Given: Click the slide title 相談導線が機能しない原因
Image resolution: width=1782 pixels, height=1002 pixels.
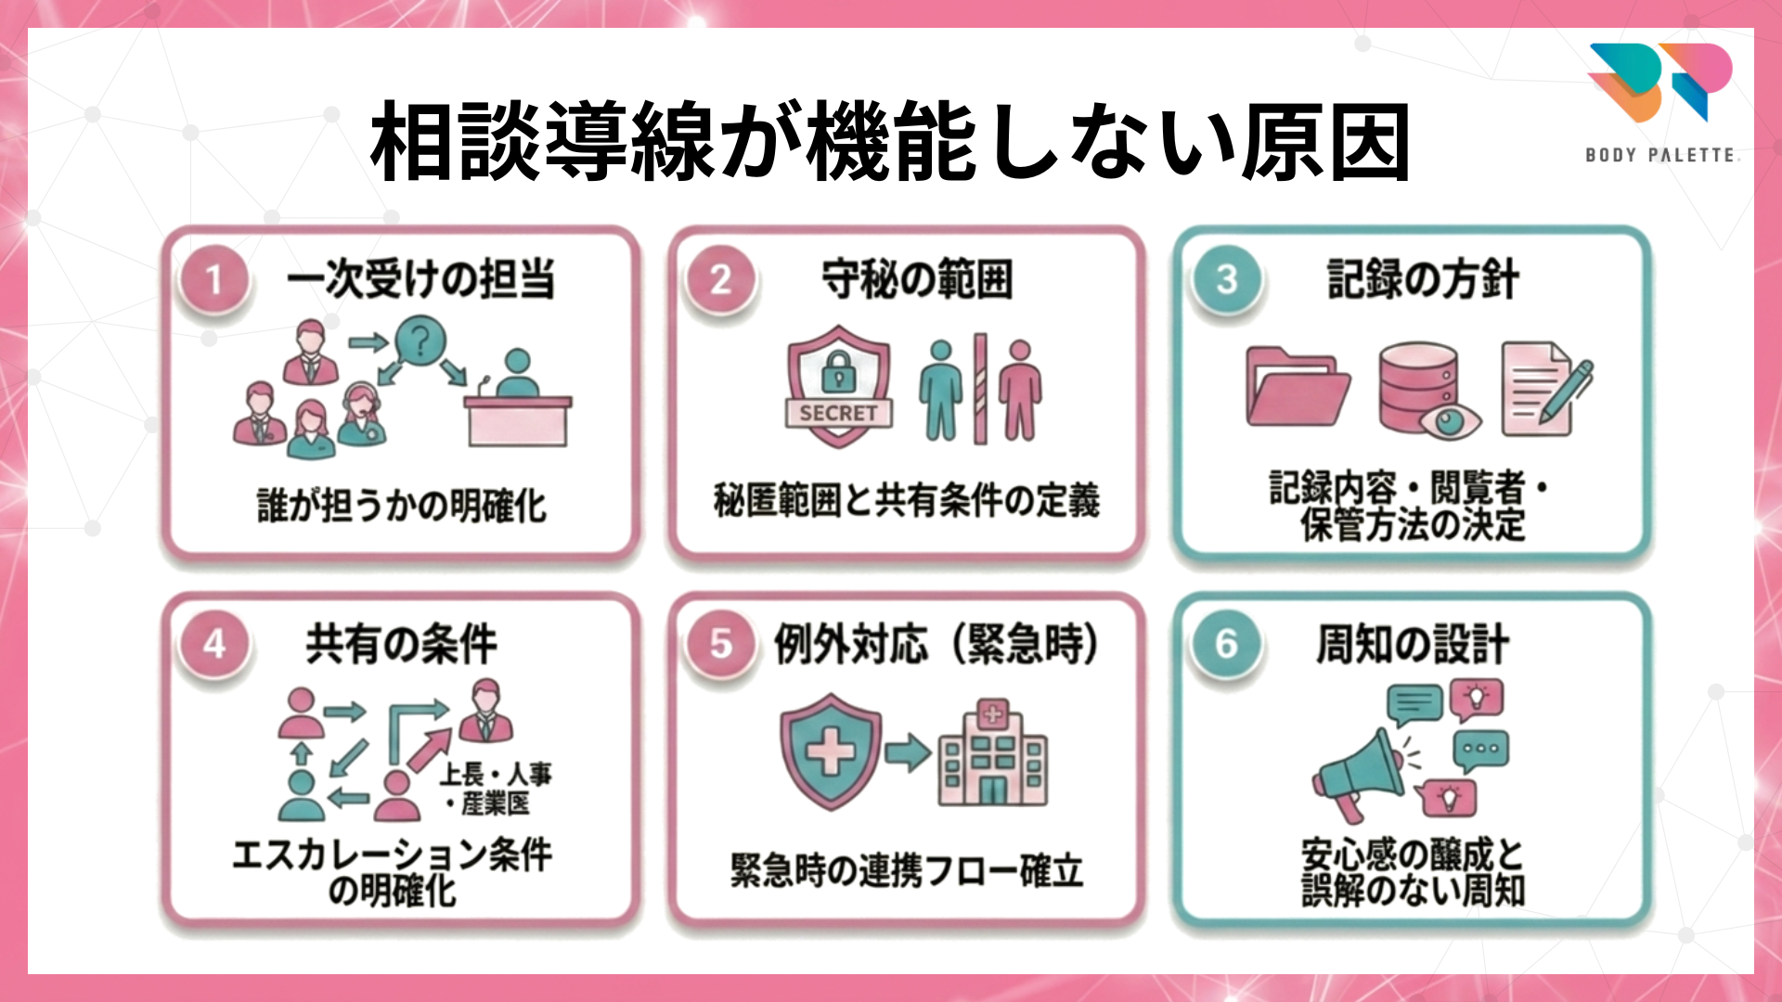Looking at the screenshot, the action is pyautogui.click(x=889, y=142).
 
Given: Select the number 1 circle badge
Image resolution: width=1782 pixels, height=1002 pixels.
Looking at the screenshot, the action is pyautogui.click(x=214, y=279).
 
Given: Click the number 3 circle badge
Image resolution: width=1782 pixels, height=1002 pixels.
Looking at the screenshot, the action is pyautogui.click(x=1226, y=279).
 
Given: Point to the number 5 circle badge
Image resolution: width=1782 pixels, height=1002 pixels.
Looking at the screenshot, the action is pyautogui.click(x=720, y=644).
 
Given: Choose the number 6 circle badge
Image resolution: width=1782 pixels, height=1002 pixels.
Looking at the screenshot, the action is pyautogui.click(x=1226, y=644).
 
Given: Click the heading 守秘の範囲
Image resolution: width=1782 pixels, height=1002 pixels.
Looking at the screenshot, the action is pyautogui.click(x=917, y=279).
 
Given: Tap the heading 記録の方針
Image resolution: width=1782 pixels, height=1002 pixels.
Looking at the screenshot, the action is pyautogui.click(x=1423, y=279).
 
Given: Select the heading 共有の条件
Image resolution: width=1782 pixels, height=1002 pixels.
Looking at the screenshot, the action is pyautogui.click(x=401, y=644).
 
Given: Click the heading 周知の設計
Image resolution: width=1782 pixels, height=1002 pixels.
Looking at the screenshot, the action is pyautogui.click(x=1412, y=644).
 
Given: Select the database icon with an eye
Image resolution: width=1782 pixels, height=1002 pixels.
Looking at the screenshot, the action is pyautogui.click(x=1427, y=390).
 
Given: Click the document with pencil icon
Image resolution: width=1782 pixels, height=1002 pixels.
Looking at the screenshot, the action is pyautogui.click(x=1543, y=388).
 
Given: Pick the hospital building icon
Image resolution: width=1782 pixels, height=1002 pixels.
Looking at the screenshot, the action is pyautogui.click(x=992, y=753).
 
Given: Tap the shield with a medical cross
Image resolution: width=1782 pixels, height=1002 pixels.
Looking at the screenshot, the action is pyautogui.click(x=830, y=751).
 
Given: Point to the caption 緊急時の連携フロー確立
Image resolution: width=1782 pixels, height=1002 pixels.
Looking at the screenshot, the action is pyautogui.click(x=907, y=871).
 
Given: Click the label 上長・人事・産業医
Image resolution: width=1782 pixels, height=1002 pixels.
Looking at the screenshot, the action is pyautogui.click(x=496, y=789).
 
